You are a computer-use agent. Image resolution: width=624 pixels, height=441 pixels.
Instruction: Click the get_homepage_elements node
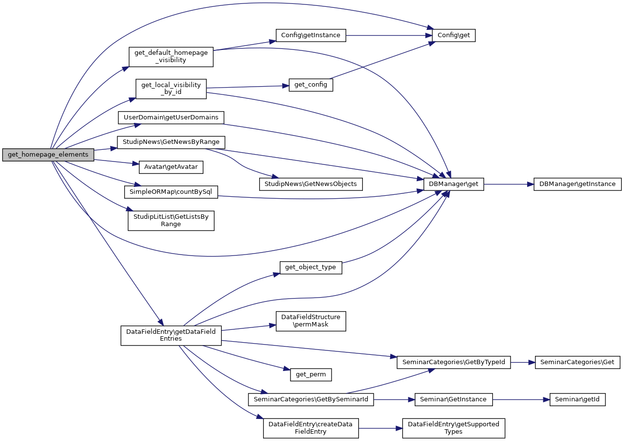[48, 155]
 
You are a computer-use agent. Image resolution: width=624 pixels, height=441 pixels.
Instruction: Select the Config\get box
[453, 35]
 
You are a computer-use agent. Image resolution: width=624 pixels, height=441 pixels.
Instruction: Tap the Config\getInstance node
[311, 35]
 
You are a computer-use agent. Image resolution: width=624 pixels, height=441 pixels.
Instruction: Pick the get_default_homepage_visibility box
[171, 56]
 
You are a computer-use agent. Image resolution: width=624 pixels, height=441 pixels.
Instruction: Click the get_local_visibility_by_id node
[171, 89]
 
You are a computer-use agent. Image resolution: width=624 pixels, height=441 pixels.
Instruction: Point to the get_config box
[311, 85]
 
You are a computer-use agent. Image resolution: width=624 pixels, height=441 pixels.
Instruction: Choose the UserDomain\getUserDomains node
[171, 117]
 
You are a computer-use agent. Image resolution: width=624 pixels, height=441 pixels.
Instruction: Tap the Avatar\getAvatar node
[171, 167]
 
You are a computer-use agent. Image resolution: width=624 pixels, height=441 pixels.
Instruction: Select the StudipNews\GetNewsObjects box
[311, 184]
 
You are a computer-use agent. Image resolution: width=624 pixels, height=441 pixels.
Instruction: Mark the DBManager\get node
[453, 184]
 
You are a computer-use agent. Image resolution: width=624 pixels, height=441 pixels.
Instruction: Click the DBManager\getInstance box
[578, 184]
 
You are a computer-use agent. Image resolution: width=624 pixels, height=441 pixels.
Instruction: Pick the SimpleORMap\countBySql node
[171, 191]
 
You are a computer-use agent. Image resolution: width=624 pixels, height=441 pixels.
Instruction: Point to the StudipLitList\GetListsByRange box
[171, 220]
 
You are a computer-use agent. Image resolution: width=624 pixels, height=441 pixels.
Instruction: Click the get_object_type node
[311, 267]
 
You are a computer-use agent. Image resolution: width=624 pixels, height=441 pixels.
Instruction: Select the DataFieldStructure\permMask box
[311, 321]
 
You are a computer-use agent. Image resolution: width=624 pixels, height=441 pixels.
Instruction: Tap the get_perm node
[311, 375]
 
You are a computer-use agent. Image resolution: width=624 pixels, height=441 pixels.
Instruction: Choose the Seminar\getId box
[578, 399]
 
